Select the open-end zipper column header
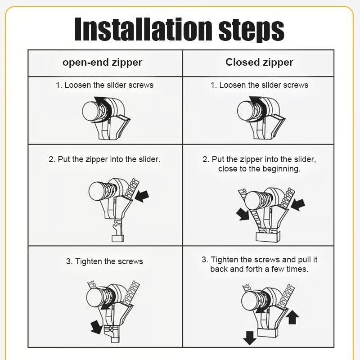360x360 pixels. pyautogui.click(x=102, y=63)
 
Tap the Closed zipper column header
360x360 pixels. pyautogui.click(x=259, y=63)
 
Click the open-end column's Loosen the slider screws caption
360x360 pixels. pyautogui.click(x=104, y=85)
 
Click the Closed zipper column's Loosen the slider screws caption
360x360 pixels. pyautogui.click(x=259, y=85)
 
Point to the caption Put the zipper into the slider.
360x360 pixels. pyautogui.click(x=104, y=159)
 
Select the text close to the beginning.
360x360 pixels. pyautogui.click(x=259, y=169)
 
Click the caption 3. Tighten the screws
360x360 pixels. pyautogui.click(x=104, y=261)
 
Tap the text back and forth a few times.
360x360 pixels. pyautogui.click(x=259, y=269)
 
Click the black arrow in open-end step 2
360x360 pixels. pyautogui.click(x=142, y=195)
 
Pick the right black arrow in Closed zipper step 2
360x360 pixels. pyautogui.click(x=298, y=205)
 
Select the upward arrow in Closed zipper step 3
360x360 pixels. pyautogui.click(x=292, y=317)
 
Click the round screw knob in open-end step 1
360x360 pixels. pyautogui.click(x=92, y=110)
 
